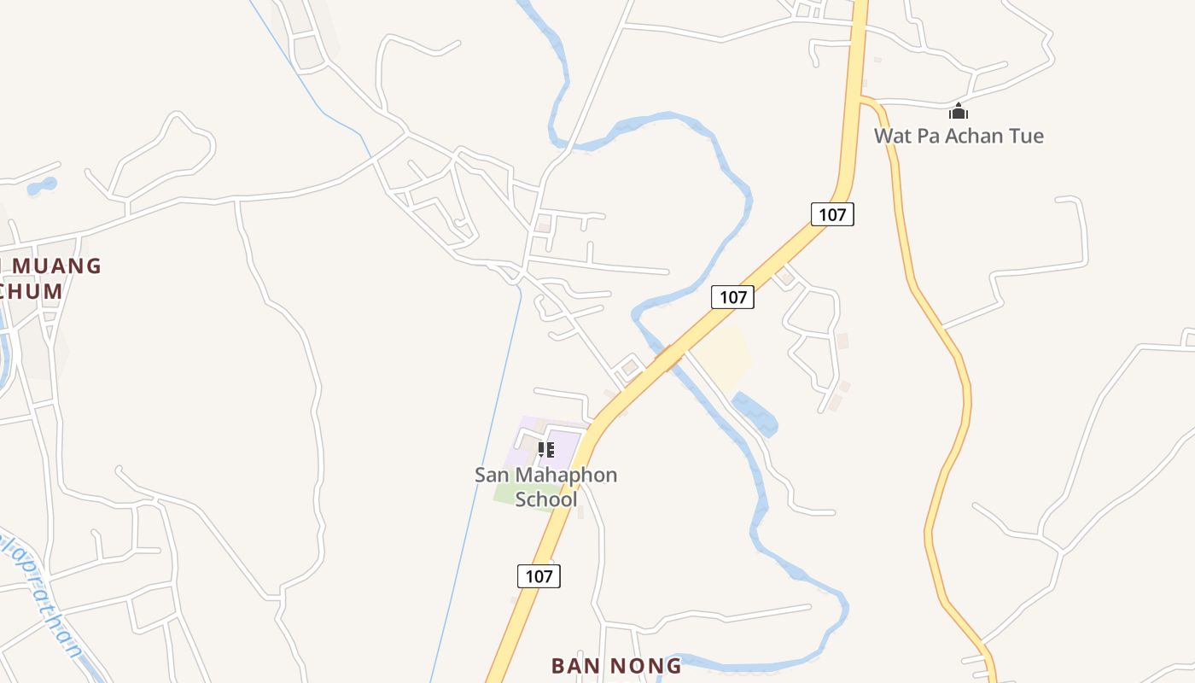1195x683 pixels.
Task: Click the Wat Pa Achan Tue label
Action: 958,136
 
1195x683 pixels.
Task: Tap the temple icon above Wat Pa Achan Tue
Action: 959,112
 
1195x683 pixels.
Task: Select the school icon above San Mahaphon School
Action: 546,449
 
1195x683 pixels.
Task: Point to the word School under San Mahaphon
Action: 546,499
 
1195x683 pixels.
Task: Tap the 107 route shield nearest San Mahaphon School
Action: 539,575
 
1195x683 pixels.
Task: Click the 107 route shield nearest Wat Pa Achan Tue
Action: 832,213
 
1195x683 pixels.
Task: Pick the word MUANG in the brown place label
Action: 56,266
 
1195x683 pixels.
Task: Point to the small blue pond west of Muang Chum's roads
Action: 42,185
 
